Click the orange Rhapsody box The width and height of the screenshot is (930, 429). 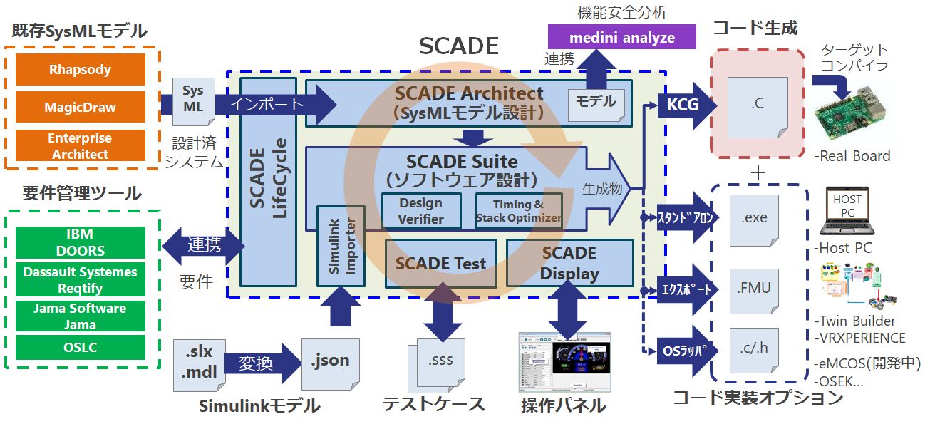pyautogui.click(x=80, y=70)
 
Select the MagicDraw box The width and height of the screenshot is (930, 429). pyautogui.click(x=80, y=107)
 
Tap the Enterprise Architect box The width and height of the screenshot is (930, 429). pyautogui.click(x=80, y=145)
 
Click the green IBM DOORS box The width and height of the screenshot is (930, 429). pyautogui.click(x=80, y=242)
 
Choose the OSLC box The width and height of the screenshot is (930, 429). pyautogui.click(x=80, y=348)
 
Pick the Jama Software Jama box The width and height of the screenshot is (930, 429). pyautogui.click(x=80, y=316)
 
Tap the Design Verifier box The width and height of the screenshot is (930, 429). pyautogui.click(x=420, y=211)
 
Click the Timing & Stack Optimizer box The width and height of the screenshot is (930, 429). pyautogui.click(x=518, y=211)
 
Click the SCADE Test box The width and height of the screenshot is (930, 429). pyautogui.click(x=440, y=262)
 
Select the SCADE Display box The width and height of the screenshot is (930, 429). pyautogui.click(x=569, y=262)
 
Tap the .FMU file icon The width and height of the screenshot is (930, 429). pyautogui.click(x=754, y=289)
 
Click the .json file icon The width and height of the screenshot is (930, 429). pyautogui.click(x=330, y=361)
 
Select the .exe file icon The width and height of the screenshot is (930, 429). pyautogui.click(x=754, y=217)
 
